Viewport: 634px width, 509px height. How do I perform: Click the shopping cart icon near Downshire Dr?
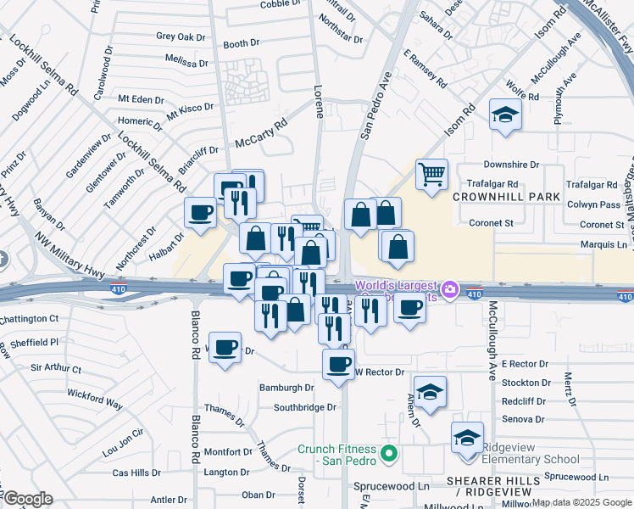(x=431, y=176)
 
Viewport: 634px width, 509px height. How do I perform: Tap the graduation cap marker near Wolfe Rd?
(x=505, y=115)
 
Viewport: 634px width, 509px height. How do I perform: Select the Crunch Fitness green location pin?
(x=389, y=454)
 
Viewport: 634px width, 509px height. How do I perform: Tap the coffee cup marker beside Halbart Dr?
(x=201, y=213)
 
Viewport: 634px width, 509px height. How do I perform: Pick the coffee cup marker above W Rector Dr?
(x=339, y=365)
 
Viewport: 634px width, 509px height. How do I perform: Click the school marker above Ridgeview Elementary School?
(x=467, y=439)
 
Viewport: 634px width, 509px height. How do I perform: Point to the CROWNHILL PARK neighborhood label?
(x=507, y=197)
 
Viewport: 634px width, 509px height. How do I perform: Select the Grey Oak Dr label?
(x=181, y=37)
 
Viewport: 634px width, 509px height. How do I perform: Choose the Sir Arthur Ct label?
(x=56, y=369)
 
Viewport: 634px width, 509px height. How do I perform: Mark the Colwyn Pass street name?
(x=593, y=204)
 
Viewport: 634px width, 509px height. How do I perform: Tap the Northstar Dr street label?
(x=340, y=39)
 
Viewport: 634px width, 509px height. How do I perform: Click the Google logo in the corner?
(x=27, y=499)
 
